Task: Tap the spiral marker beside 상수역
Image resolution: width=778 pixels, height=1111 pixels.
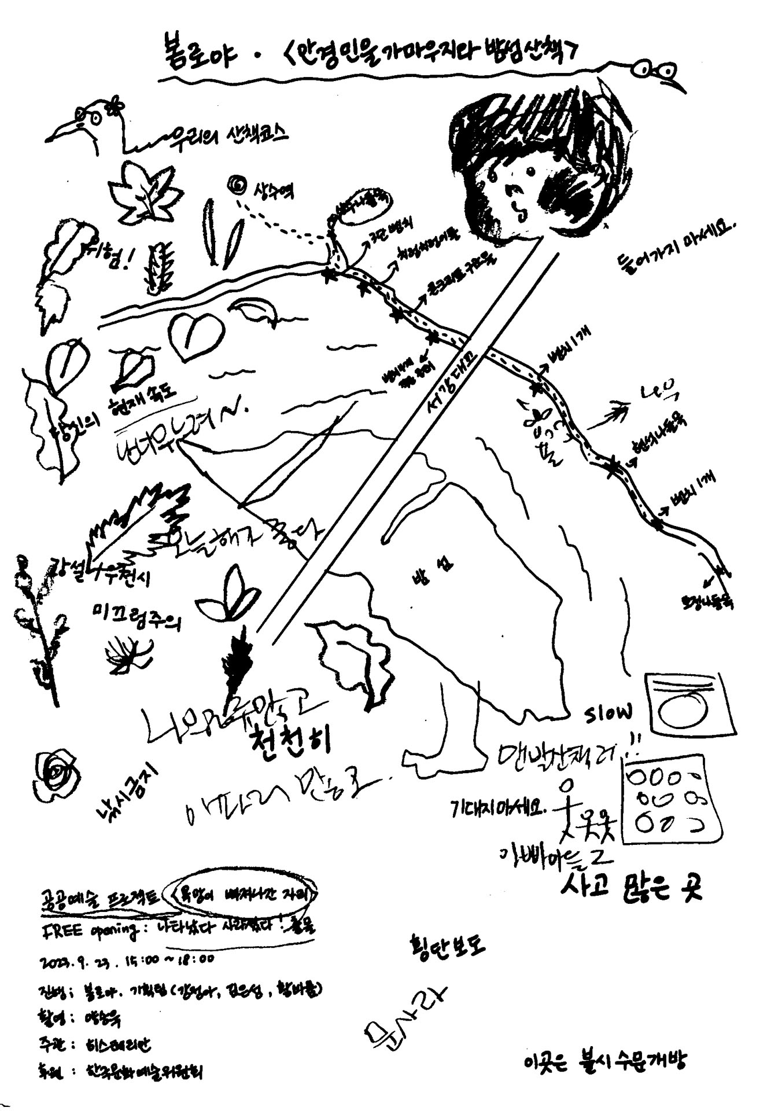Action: [x=237, y=185]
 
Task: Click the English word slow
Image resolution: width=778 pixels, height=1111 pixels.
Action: [x=608, y=715]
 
